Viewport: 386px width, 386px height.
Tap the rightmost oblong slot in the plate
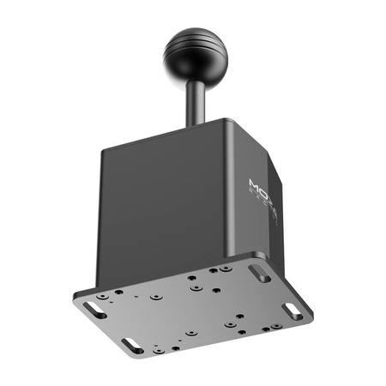click(x=294, y=311)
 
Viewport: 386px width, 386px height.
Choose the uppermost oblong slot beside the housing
click(x=258, y=272)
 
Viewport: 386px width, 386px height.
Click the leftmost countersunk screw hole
click(x=103, y=296)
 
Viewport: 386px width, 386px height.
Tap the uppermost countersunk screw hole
click(x=225, y=268)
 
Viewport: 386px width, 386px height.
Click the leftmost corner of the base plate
click(x=75, y=294)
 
